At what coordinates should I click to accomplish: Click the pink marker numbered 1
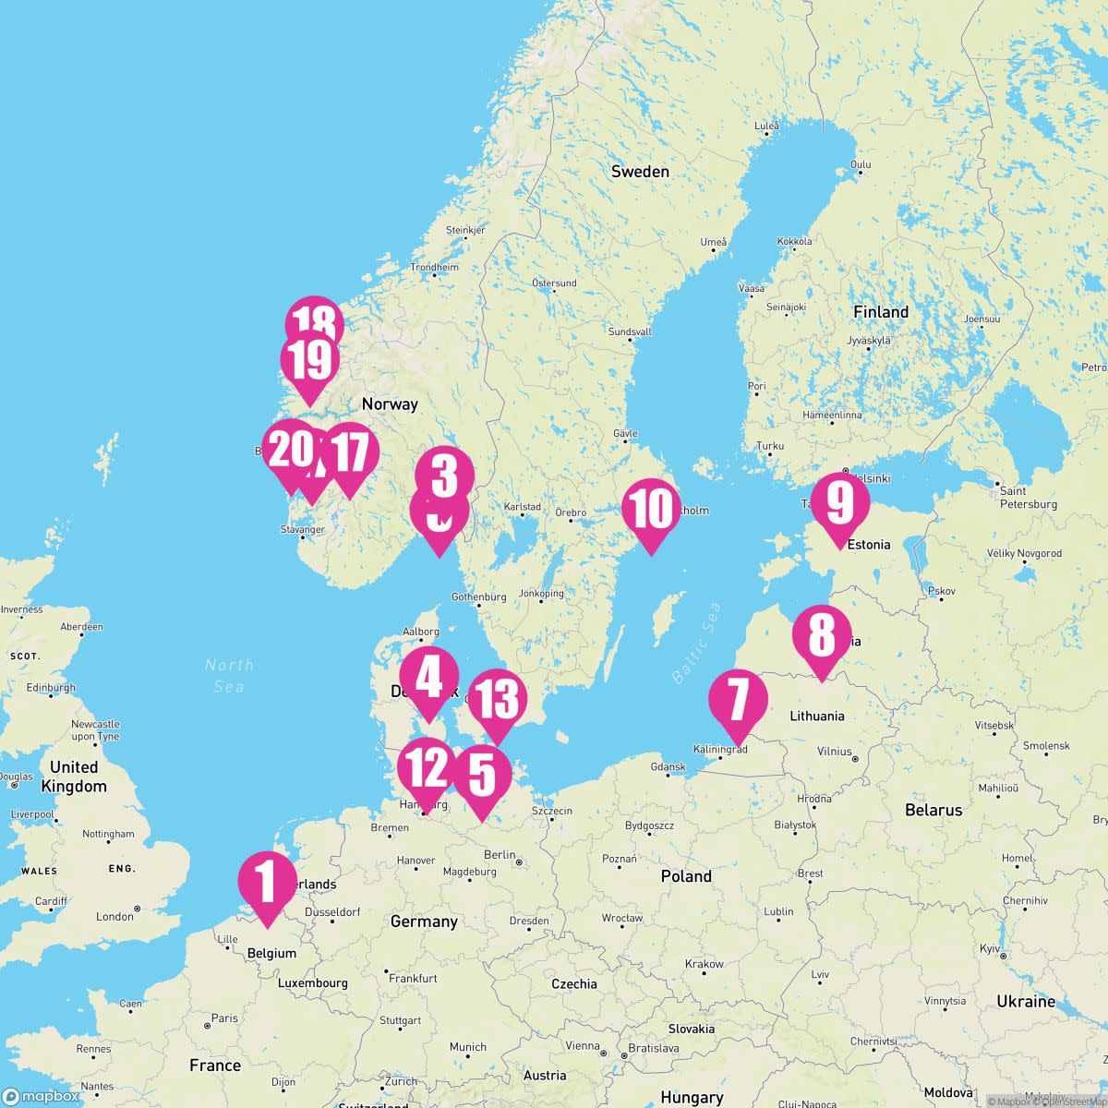coord(268,882)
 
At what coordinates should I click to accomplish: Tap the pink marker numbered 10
coord(651,510)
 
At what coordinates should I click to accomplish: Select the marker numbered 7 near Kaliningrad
coord(738,699)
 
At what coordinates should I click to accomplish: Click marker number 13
coord(498,700)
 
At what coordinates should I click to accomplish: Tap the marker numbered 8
coord(821,635)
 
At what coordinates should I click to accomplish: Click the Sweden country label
coord(640,172)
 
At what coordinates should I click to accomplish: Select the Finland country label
coord(880,312)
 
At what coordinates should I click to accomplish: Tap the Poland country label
coord(686,876)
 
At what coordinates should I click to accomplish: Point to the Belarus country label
coord(933,810)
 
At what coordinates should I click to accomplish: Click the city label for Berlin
coord(500,855)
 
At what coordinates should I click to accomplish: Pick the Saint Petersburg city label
coord(1028,498)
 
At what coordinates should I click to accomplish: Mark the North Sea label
coord(228,675)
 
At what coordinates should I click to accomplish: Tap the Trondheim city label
coord(434,268)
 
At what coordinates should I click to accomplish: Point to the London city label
coord(114,916)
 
